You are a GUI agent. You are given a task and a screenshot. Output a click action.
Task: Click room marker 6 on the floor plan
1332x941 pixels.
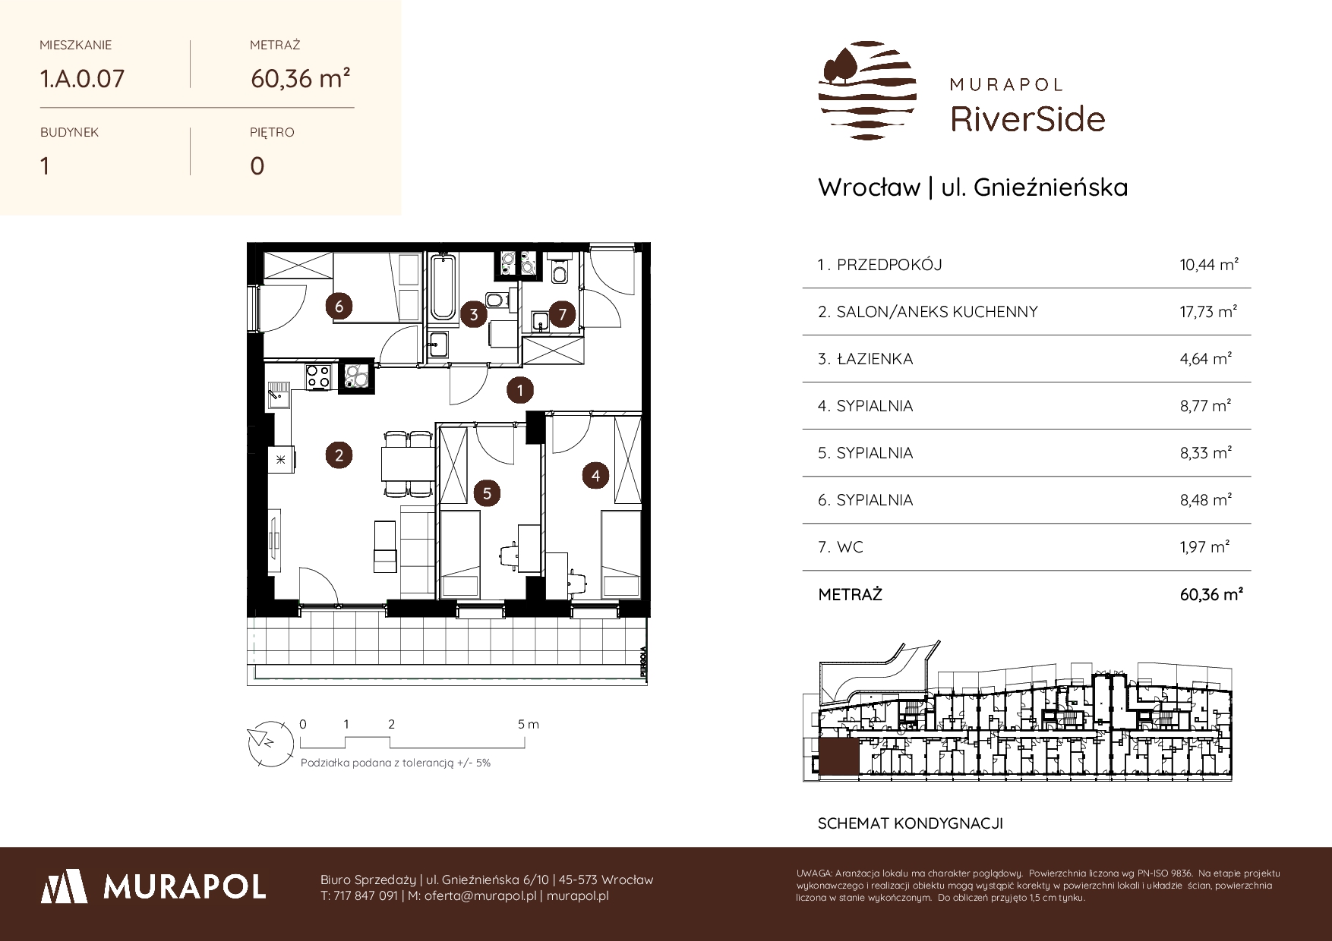click(x=339, y=307)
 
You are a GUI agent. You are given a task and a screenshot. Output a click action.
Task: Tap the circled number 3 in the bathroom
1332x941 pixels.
click(x=474, y=314)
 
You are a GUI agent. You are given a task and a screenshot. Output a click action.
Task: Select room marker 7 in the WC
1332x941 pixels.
click(x=562, y=314)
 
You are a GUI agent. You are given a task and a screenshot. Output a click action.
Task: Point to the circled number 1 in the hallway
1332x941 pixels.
click(x=520, y=391)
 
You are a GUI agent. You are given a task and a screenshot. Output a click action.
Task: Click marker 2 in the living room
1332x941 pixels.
click(x=339, y=455)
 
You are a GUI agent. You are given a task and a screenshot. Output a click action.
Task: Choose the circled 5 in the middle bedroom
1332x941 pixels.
click(x=487, y=493)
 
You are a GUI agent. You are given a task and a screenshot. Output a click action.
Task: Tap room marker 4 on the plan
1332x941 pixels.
click(x=596, y=476)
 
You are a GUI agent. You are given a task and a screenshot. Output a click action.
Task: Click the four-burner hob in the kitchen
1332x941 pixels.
click(x=318, y=376)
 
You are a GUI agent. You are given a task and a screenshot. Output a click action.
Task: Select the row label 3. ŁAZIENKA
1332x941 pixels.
click(x=865, y=359)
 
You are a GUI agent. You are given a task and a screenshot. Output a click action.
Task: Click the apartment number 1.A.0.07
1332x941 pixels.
click(x=82, y=78)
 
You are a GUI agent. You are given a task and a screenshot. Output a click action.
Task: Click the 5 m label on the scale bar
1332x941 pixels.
click(x=529, y=724)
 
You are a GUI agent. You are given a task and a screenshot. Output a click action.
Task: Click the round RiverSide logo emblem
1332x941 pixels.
click(x=867, y=90)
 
